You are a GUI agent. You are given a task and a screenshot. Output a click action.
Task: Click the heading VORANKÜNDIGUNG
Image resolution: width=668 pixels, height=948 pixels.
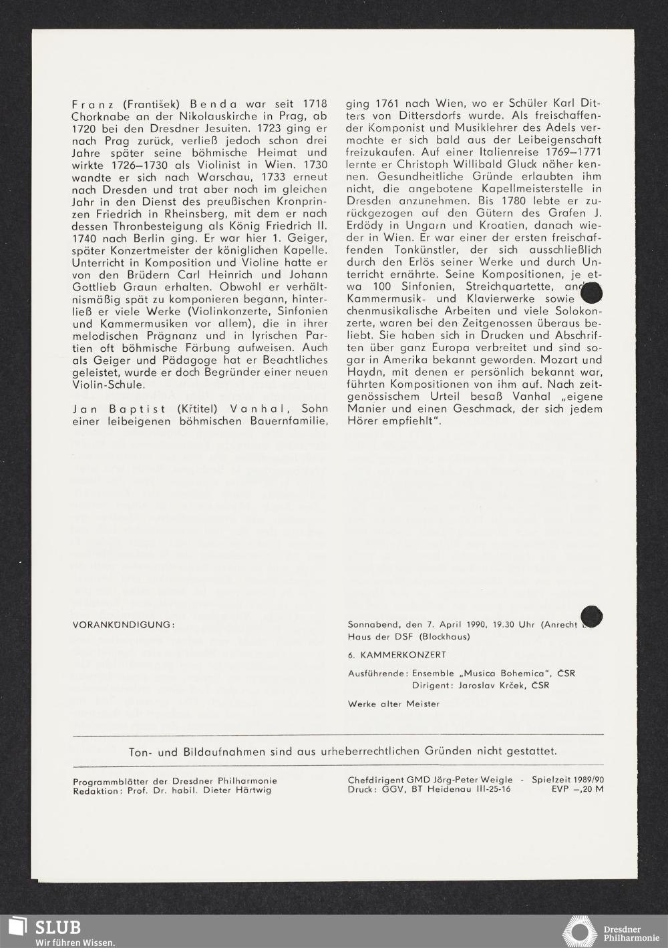[123, 625]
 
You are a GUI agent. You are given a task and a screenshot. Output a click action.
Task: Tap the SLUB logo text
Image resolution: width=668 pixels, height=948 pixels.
[58, 927]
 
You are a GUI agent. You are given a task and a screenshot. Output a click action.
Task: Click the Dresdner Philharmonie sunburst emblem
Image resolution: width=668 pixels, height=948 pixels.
[579, 931]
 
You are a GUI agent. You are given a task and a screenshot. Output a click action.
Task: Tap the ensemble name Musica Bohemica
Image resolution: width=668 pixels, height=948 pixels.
[476, 673]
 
